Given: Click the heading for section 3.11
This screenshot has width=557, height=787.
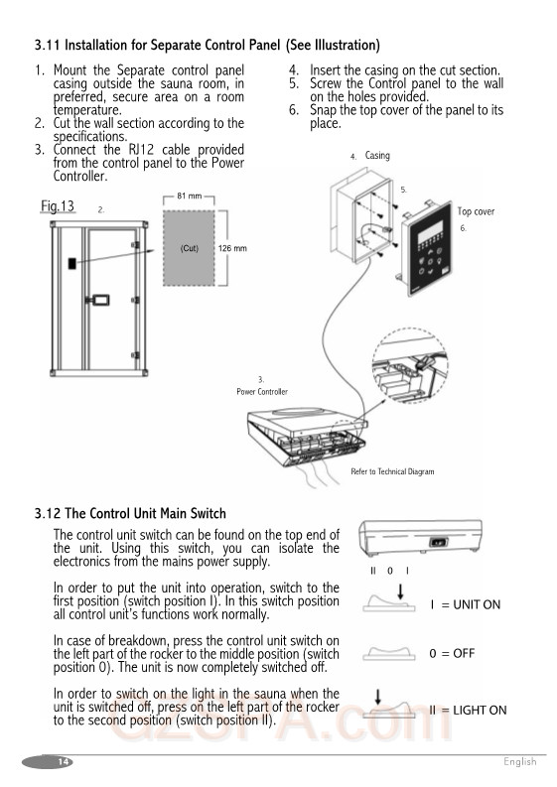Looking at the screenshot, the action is (x=207, y=46).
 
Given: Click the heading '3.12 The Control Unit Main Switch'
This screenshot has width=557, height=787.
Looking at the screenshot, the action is (x=130, y=513).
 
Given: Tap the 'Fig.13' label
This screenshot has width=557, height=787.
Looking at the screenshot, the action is (x=58, y=206).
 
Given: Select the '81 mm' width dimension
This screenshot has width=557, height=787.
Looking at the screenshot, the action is (x=189, y=196).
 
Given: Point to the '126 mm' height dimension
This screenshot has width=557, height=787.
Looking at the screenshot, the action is (x=232, y=248).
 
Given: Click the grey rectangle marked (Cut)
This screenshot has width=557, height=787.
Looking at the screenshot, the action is (x=189, y=248).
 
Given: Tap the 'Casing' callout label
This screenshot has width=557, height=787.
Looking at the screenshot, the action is (x=377, y=156).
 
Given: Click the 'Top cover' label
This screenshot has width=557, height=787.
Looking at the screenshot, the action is (x=476, y=211).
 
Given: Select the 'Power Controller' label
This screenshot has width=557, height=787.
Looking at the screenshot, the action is (x=262, y=391).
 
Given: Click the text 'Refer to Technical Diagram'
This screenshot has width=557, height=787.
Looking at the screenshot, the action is (x=392, y=471).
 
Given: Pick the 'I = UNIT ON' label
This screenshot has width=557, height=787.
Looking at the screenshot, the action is (x=465, y=604).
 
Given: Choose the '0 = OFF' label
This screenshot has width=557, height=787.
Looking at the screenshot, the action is (x=452, y=653).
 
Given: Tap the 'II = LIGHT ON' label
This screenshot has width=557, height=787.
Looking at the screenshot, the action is (x=468, y=711).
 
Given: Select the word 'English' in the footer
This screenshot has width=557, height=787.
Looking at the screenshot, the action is (x=520, y=762).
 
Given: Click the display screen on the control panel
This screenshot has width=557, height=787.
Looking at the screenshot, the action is (x=431, y=232).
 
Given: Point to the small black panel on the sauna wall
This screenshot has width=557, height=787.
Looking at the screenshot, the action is (x=72, y=263).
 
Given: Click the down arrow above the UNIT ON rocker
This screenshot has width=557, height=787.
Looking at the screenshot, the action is (x=400, y=591).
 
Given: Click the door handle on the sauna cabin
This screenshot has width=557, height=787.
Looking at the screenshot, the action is (x=99, y=300).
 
